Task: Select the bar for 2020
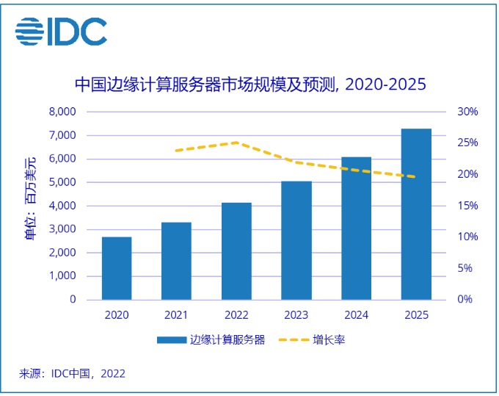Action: (x=117, y=268)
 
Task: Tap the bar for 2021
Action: (x=176, y=261)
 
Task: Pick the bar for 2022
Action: (x=236, y=251)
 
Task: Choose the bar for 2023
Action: (x=296, y=240)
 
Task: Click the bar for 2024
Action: (x=357, y=228)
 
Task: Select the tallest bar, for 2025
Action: (x=416, y=214)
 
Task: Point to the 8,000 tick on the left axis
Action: (x=62, y=112)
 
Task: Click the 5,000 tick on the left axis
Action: (x=62, y=182)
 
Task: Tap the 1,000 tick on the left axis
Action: (x=62, y=276)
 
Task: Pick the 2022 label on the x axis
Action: (x=236, y=315)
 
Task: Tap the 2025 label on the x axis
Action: (x=416, y=315)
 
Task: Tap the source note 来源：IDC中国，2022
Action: (x=72, y=373)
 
